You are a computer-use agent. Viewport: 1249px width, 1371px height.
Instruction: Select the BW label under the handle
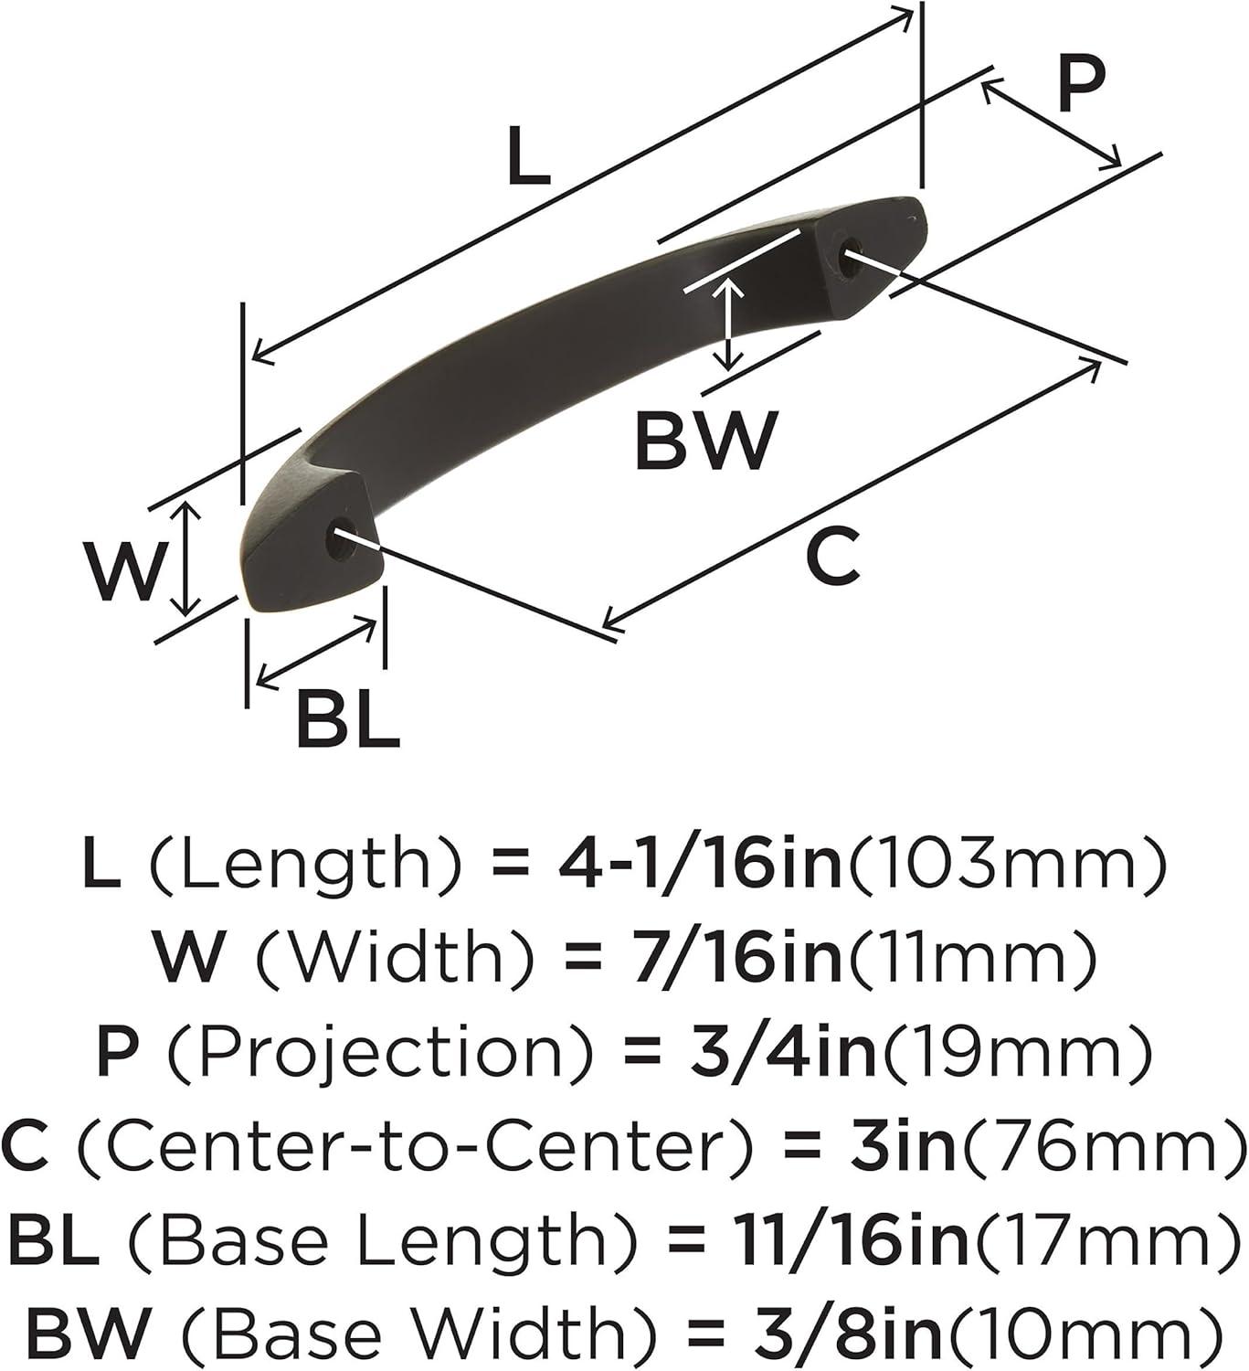click(x=706, y=441)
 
